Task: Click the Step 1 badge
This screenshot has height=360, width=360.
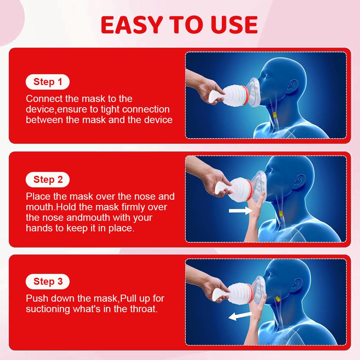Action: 47,82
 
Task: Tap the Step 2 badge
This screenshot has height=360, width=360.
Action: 47,180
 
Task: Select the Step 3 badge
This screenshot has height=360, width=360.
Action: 47,282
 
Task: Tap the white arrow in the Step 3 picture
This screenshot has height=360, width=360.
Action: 240,316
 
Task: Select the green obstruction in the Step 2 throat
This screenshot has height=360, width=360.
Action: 282,213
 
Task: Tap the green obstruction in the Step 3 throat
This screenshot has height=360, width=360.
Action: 277,299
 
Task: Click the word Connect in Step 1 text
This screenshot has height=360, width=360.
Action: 44,99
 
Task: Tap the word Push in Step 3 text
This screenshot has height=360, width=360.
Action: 37,299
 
